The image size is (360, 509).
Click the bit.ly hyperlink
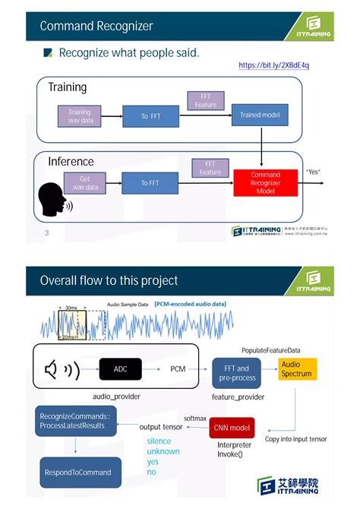tap(273, 65)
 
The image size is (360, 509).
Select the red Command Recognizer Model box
tap(265, 183)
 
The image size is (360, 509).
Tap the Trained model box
tap(260, 115)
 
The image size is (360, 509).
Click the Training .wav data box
tap(79, 116)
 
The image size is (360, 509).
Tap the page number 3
tap(46, 232)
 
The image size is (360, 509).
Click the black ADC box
tap(121, 369)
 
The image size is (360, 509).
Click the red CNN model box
tap(232, 428)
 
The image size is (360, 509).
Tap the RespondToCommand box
tap(78, 472)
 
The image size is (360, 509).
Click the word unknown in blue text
tap(163, 451)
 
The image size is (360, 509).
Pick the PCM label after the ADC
tap(178, 369)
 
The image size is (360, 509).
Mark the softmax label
tap(196, 419)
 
